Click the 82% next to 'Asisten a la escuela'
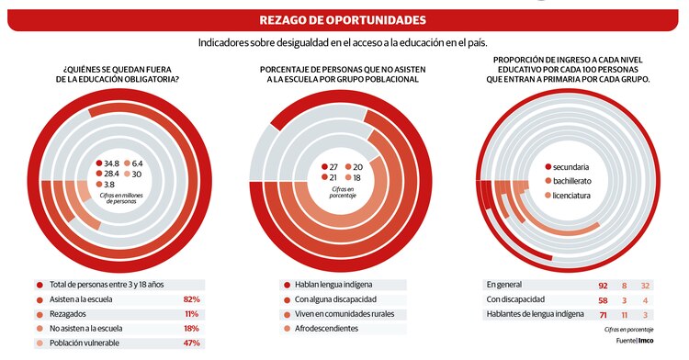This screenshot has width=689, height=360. [x=192, y=299]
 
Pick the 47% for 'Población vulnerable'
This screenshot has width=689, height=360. [x=192, y=343]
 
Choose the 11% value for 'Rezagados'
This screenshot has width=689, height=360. [x=192, y=314]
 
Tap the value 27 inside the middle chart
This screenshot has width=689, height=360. [x=333, y=166]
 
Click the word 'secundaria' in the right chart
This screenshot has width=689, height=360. [x=578, y=166]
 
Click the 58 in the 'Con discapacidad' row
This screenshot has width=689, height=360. [x=602, y=300]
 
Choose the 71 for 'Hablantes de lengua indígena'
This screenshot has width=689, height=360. [x=602, y=315]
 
